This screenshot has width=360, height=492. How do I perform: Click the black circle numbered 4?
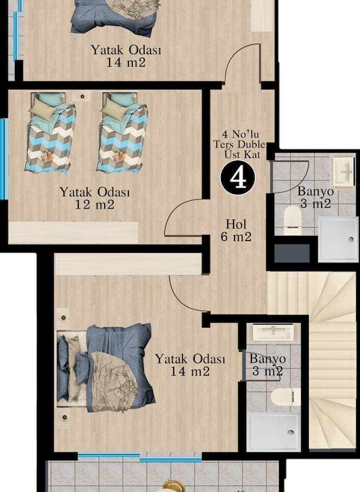[x=238, y=178]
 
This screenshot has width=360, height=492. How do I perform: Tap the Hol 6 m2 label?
[x=236, y=231]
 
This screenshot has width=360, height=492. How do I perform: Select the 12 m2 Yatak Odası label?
[x=95, y=198]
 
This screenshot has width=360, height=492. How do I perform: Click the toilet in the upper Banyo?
[x=293, y=219]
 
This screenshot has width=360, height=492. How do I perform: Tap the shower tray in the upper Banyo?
[x=338, y=239]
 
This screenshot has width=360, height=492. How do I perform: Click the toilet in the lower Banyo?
[x=285, y=397]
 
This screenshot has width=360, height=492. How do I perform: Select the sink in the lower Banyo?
[x=273, y=332]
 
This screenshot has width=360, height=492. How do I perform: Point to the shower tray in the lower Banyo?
[x=273, y=432]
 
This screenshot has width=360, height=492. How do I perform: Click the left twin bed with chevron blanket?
[x=50, y=132]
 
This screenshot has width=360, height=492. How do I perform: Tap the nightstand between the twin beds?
[x=82, y=96]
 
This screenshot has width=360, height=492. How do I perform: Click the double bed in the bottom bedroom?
[x=106, y=368]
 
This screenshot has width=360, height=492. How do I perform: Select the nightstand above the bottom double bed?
[x=63, y=318]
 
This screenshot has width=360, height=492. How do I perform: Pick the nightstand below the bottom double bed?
[x=64, y=417]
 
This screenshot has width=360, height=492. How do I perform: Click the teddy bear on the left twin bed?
[x=47, y=156]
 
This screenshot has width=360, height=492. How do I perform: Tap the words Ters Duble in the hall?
[x=240, y=145]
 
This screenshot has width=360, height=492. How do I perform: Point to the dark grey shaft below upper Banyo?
[x=292, y=253]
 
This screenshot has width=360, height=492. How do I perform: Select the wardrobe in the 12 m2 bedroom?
[x=73, y=233]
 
